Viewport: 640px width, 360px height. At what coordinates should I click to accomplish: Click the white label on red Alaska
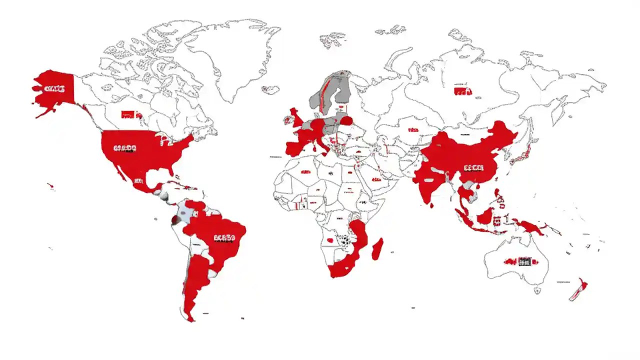(x=54, y=89)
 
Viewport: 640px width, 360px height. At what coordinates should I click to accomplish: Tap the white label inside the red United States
(x=125, y=148)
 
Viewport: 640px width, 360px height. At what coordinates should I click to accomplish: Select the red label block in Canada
(x=127, y=114)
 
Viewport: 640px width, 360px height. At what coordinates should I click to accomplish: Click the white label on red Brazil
(x=223, y=238)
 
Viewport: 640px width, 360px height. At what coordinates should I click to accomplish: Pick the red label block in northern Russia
(x=462, y=91)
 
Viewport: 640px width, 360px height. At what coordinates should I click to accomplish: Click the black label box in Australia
(x=524, y=261)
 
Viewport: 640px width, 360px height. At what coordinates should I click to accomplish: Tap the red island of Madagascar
(x=378, y=249)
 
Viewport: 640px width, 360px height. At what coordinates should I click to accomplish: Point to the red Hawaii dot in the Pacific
(x=50, y=186)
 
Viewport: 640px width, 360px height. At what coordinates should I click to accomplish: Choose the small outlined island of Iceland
(x=270, y=89)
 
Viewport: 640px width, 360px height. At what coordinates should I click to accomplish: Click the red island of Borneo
(x=486, y=216)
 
